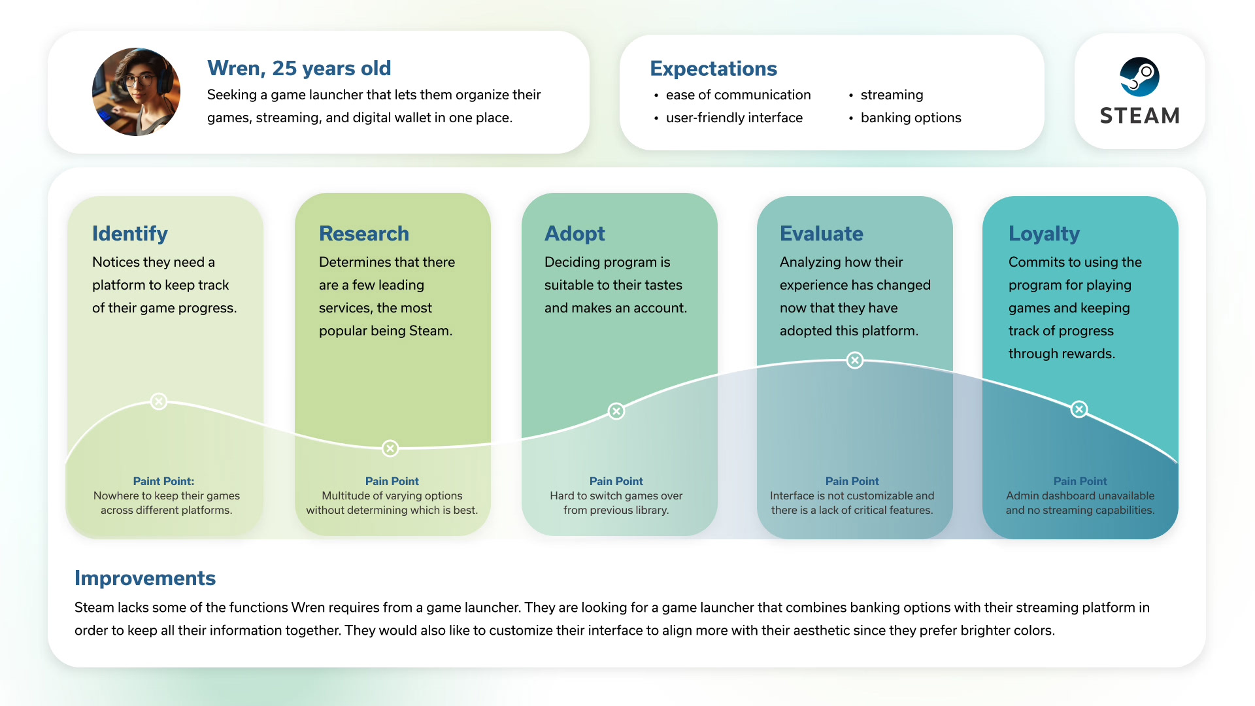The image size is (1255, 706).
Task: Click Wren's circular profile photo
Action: point(136,92)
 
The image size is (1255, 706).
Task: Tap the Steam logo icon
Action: point(1139,76)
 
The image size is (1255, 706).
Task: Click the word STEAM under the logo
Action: point(1139,116)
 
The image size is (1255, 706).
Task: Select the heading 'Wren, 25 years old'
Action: point(299,68)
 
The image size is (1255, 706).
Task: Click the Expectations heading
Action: point(713,69)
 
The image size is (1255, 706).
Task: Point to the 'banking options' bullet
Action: point(911,118)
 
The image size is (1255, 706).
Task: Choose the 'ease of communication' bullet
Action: point(738,95)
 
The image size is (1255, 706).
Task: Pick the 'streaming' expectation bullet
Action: point(892,95)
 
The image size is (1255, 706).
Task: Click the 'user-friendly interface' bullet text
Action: point(734,118)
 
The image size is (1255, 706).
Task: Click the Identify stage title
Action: point(130,233)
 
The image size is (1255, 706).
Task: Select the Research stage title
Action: point(364,233)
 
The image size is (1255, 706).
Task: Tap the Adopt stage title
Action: point(575,233)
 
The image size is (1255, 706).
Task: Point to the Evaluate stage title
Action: point(822,233)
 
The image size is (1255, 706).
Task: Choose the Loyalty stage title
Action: point(1044,233)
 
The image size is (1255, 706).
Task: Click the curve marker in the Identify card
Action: point(158,401)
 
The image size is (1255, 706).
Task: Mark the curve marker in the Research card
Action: point(390,448)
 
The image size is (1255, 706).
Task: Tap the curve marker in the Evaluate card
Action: point(854,360)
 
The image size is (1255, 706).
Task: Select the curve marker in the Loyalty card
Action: point(1079,409)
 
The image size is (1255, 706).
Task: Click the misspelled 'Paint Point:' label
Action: point(163,481)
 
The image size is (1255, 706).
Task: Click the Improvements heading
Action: point(145,578)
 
